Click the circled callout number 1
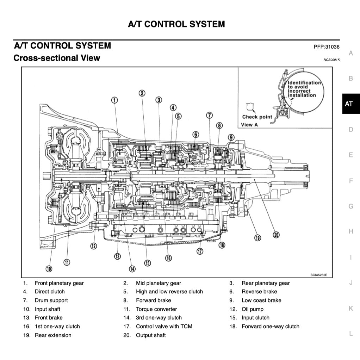114,100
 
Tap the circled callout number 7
209,116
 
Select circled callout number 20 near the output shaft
276,235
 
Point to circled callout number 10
49,269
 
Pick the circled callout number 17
200,251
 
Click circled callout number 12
93,246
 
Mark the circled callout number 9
231,137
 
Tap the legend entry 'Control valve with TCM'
164,327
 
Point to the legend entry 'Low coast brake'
261,300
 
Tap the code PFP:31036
327,47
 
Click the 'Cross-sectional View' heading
57,58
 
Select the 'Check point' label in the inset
257,117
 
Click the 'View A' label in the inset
249,124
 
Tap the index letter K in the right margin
350,309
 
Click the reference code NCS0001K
331,60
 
